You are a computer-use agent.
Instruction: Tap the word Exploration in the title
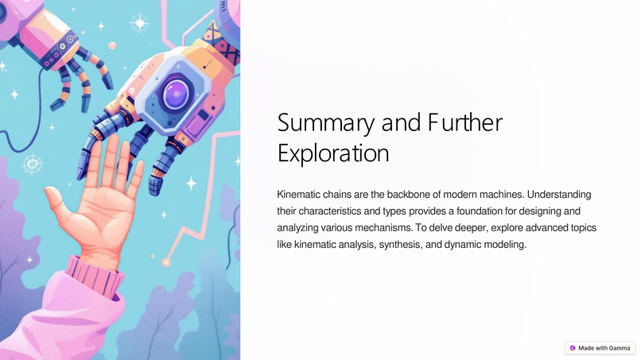pyautogui.click(x=333, y=152)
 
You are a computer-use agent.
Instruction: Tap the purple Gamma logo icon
pyautogui.click(x=573, y=348)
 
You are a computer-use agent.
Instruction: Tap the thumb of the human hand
pyautogui.click(x=57, y=199)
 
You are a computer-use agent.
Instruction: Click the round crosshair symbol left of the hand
pyautogui.click(x=32, y=165)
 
